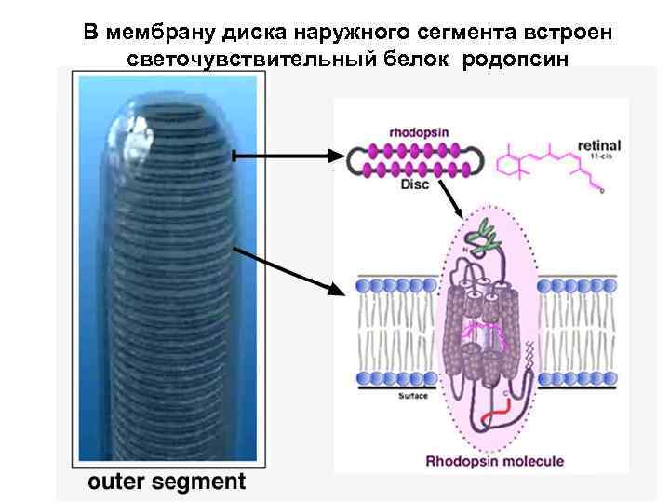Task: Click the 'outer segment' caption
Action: pyautogui.click(x=167, y=482)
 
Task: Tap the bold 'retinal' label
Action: pyautogui.click(x=599, y=145)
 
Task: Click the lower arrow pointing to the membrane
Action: pyautogui.click(x=288, y=270)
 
